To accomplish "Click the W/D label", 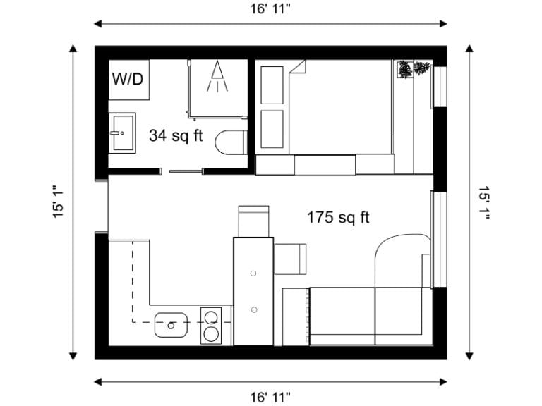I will click(x=127, y=78).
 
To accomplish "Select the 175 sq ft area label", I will click(x=338, y=217).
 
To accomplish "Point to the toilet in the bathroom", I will click(x=230, y=142).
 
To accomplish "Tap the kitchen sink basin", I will click(x=170, y=325).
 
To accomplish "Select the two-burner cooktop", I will click(x=211, y=325).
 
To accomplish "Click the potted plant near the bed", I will click(x=414, y=70).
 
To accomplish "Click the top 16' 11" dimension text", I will click(x=270, y=9).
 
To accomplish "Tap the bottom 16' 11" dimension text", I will click(x=270, y=398).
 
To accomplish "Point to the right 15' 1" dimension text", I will click(x=483, y=203).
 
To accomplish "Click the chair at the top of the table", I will click(x=253, y=220).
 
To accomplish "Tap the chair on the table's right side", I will click(x=290, y=259).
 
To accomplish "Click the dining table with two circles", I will click(x=253, y=291).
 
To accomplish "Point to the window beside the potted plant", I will click(x=440, y=87).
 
